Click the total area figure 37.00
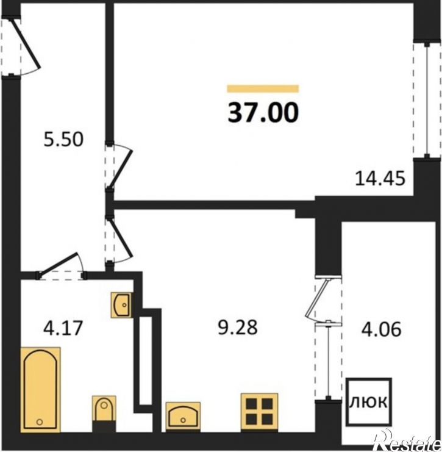click(x=263, y=113)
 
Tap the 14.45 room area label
click(x=380, y=179)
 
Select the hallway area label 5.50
click(x=63, y=139)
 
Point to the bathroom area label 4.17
click(x=63, y=328)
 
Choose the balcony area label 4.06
click(x=381, y=329)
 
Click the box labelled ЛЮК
click(x=369, y=402)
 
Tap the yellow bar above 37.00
click(x=263, y=88)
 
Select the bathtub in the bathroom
click(x=40, y=390)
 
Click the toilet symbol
click(x=104, y=414)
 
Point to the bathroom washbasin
click(x=121, y=305)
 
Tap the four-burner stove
click(x=259, y=412)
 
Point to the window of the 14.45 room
click(x=427, y=100)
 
